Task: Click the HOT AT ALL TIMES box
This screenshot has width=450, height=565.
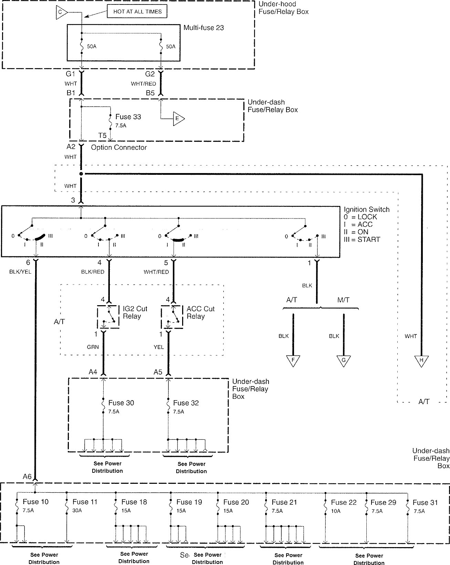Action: click(137, 11)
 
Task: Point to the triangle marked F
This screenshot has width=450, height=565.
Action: click(293, 360)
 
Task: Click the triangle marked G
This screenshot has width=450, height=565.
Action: click(343, 360)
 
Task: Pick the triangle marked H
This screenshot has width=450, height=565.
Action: click(421, 360)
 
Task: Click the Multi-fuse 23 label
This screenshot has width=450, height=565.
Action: click(203, 28)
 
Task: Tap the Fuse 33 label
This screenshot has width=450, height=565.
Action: click(128, 117)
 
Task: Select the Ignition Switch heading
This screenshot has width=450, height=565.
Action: click(367, 210)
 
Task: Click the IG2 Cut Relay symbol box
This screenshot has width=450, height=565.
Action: click(108, 317)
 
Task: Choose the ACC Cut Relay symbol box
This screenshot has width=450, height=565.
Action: click(172, 317)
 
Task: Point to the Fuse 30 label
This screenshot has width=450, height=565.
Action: click(121, 403)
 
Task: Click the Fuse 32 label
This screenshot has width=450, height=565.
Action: click(186, 403)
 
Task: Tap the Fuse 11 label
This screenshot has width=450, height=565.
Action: click(85, 502)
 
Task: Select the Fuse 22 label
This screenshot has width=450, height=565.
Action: click(344, 503)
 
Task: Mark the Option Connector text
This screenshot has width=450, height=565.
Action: click(119, 148)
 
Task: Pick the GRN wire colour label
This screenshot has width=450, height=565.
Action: click(93, 347)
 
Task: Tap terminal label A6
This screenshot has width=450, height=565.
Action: click(27, 477)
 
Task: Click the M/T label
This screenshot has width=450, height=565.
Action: click(343, 300)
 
